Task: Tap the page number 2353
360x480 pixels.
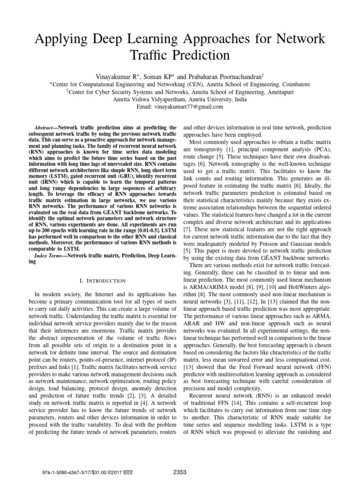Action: (180, 469)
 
